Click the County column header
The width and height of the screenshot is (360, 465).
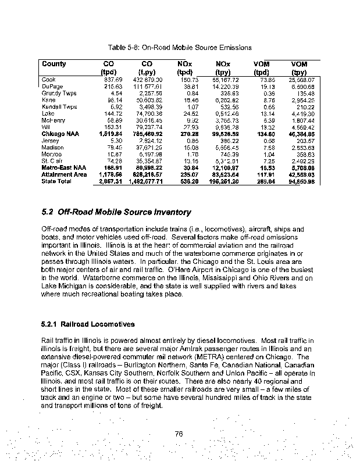pyautogui.click(x=54, y=63)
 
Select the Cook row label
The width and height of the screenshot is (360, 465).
pyautogui.click(x=48, y=80)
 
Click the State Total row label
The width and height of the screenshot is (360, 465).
pyautogui.click(x=56, y=181)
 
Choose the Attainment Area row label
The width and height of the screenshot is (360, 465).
pyautogui.click(x=64, y=174)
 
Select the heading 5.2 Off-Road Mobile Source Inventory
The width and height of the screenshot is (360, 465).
pyautogui.click(x=116, y=212)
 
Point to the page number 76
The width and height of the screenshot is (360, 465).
pyautogui.click(x=180, y=432)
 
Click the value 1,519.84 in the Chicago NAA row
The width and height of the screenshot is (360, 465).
pyautogui.click(x=111, y=134)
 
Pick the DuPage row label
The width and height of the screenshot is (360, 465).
pyautogui.click(x=51, y=87)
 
